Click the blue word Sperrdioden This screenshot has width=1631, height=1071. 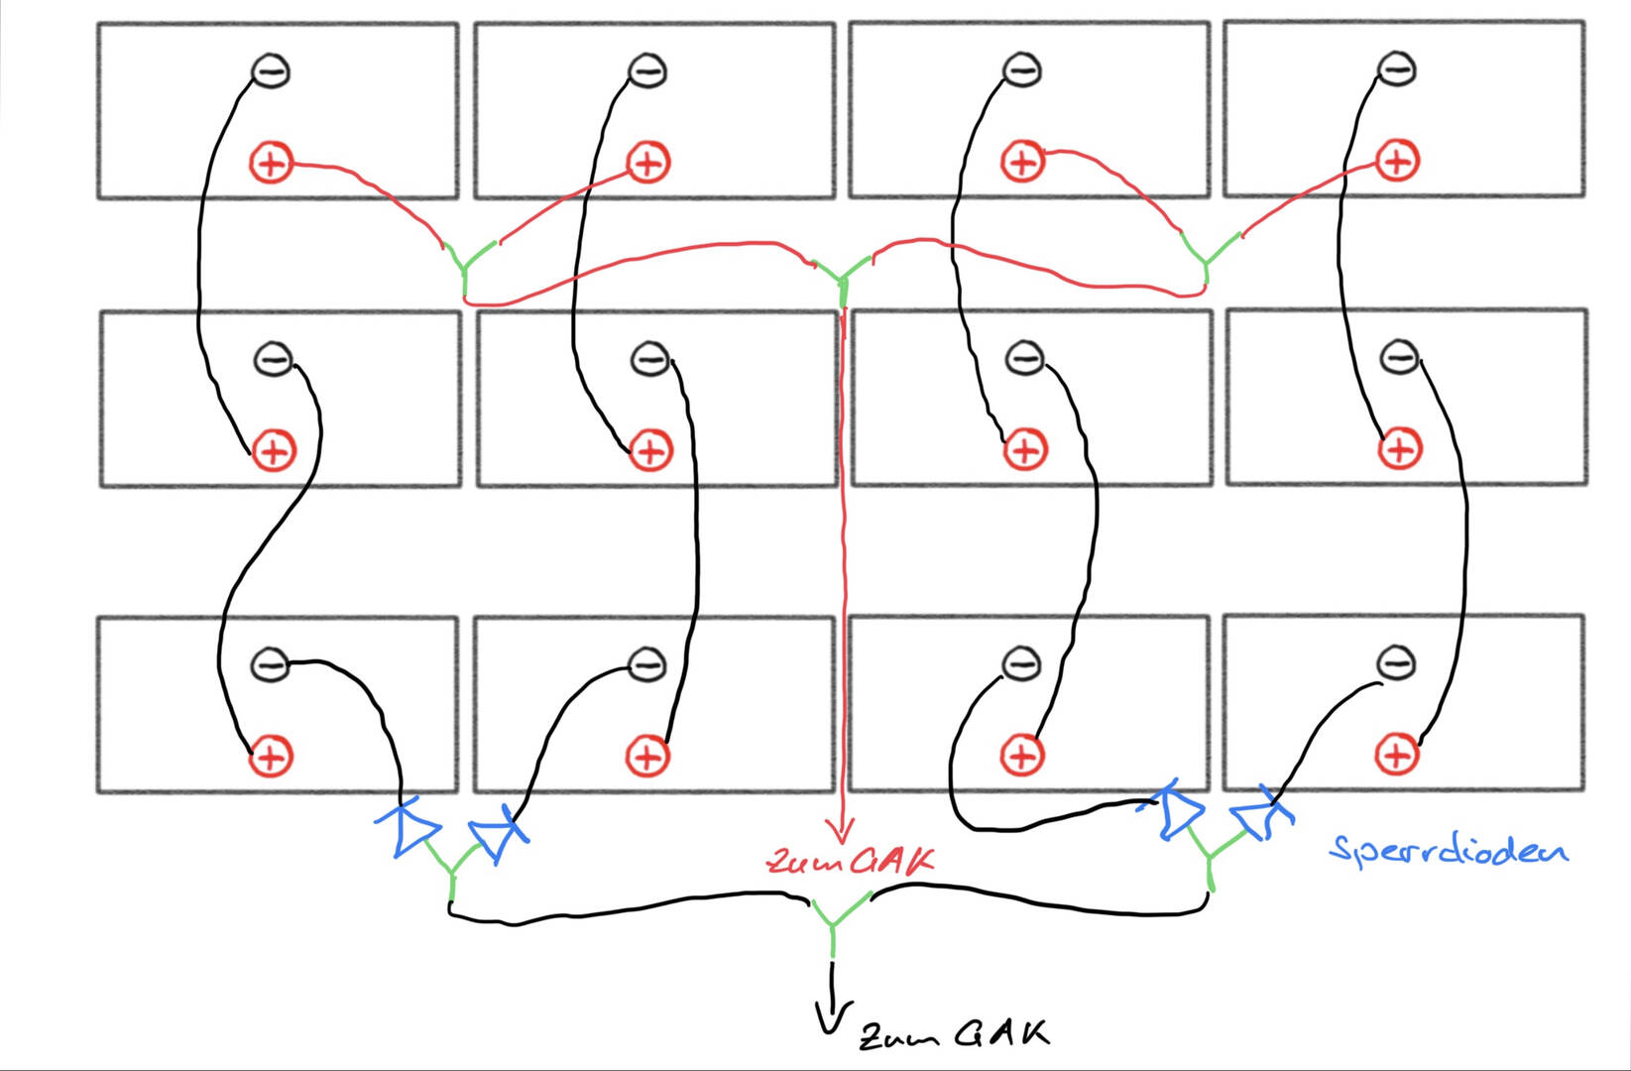1449,851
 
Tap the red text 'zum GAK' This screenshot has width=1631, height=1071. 851,862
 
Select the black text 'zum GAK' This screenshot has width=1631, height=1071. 955,1034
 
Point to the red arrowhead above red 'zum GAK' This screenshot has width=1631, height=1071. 842,831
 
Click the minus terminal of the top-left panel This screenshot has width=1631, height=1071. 270,71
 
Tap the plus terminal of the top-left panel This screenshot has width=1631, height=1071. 271,163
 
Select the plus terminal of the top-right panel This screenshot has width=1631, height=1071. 1397,161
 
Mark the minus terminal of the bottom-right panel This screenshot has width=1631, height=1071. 1396,663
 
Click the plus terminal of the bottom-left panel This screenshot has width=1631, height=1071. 271,758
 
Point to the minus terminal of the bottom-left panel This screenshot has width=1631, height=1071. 270,664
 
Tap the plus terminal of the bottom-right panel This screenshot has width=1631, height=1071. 1397,755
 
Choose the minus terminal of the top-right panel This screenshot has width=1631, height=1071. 1397,69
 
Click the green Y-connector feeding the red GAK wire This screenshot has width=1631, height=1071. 843,281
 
